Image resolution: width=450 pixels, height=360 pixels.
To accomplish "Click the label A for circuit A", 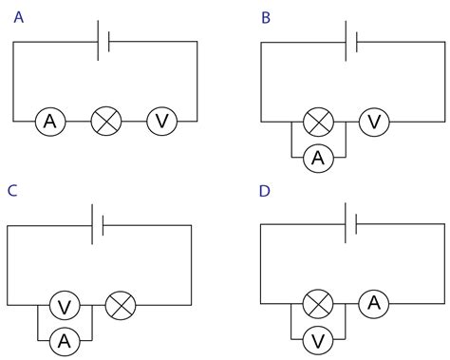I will point(19,16).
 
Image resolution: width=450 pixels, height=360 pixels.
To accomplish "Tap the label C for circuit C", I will point(12,191).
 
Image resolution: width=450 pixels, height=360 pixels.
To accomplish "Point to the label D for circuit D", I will point(265,191).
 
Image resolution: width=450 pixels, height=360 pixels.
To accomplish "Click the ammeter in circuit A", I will point(49,122).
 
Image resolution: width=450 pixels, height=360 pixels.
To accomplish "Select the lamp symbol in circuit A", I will point(105,122).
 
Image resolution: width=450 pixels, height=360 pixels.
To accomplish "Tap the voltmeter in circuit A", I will point(161,122).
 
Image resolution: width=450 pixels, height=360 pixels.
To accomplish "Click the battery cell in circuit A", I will point(104,42).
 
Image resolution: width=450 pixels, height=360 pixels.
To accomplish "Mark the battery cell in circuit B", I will point(353,42).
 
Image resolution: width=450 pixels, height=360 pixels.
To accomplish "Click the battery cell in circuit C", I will point(98,225).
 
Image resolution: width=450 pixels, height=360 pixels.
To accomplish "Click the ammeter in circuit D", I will point(374,304).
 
